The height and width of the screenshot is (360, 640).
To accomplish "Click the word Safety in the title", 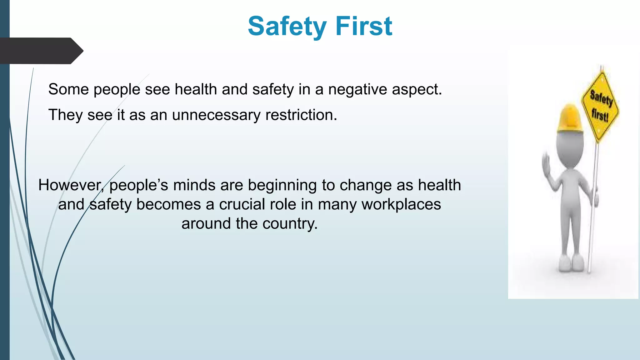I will point(287,27).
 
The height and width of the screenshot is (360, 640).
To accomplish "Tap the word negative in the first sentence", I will point(357,90).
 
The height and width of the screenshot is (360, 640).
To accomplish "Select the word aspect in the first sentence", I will point(417,90).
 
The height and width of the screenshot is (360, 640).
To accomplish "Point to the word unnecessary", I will point(216,115).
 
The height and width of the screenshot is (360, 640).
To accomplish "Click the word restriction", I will point(301,115).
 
